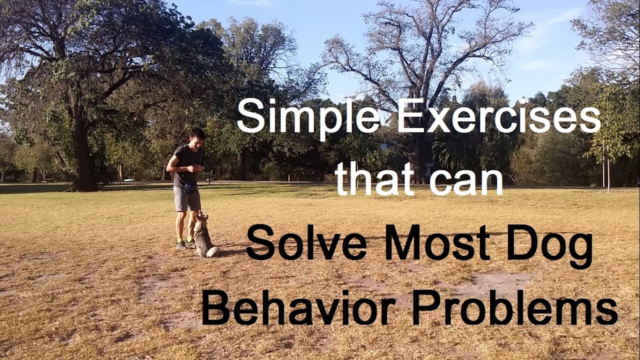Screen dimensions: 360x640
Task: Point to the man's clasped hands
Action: (198, 167)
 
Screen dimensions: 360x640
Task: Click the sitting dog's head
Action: (202, 218)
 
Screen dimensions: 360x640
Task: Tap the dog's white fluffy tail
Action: (213, 251)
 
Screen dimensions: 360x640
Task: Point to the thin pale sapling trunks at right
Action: (606, 170)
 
